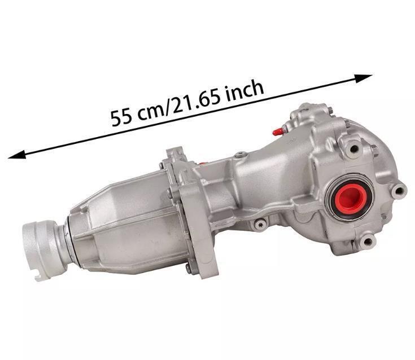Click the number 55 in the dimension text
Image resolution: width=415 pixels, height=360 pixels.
[x=121, y=117]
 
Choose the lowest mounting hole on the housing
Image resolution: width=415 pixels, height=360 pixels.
[x=368, y=243]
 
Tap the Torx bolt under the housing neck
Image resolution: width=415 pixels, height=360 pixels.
[x=260, y=225]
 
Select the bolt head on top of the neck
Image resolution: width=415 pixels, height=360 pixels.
[x=242, y=154]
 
